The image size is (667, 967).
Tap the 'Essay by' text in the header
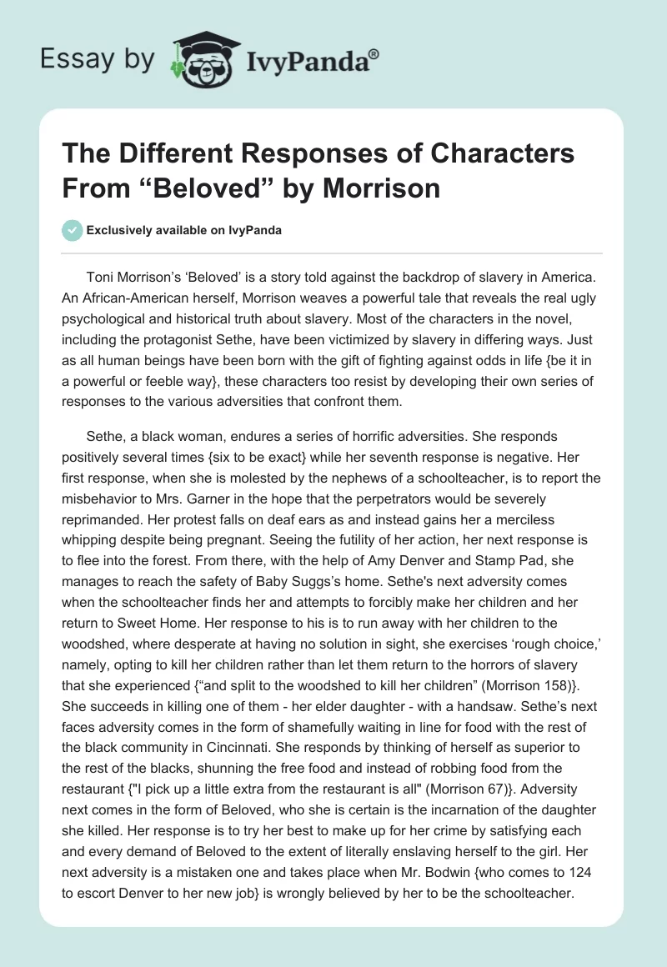coord(97,58)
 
